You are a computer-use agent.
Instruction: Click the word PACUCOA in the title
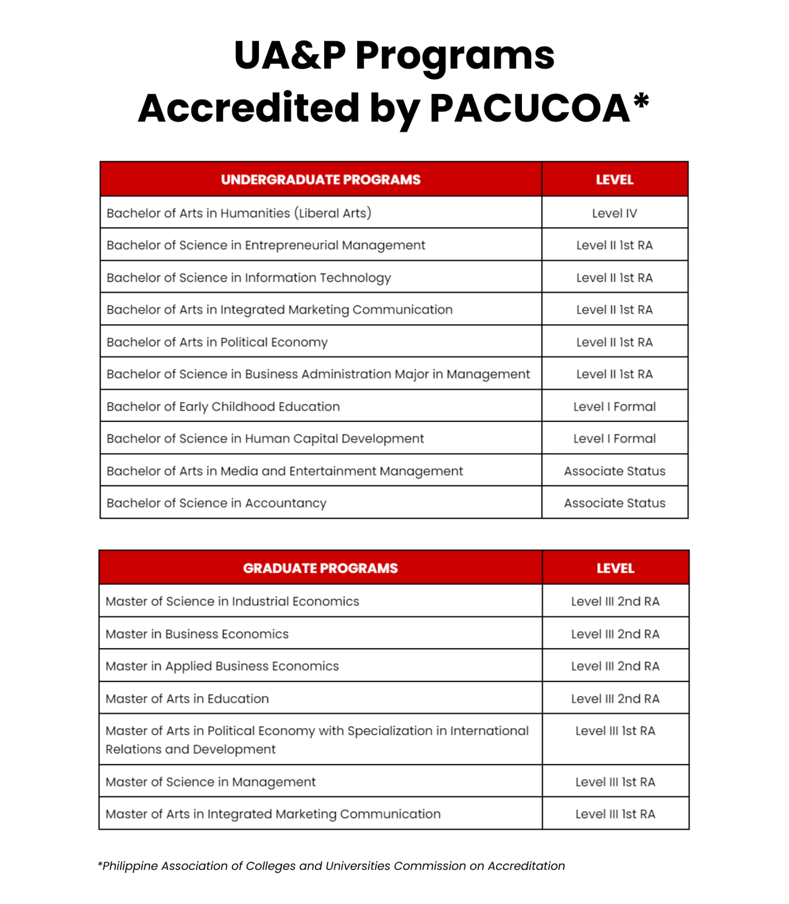coord(530,108)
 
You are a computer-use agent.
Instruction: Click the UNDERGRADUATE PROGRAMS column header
coord(321,180)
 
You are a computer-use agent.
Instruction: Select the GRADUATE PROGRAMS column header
coord(320,568)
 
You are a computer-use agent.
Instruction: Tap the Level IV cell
coord(614,213)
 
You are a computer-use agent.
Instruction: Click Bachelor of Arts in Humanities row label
coord(239,213)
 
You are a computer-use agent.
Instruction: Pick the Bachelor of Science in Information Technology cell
coord(248,278)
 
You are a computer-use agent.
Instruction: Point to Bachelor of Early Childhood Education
coord(223,407)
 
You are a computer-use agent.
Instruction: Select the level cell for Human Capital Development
coord(614,438)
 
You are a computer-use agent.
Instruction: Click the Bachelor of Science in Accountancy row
coord(216,503)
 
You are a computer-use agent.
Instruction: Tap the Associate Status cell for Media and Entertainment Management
coord(614,471)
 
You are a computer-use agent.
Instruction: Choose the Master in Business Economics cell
coord(197,634)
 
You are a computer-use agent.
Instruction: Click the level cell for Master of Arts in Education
coord(615,699)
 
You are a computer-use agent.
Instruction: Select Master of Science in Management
coord(211,782)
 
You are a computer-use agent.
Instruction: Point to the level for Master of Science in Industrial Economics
coord(615,601)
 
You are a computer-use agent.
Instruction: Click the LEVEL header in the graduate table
coord(615,568)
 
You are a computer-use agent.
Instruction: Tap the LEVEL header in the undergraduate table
coord(614,180)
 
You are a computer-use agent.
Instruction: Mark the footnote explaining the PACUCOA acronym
coord(331,866)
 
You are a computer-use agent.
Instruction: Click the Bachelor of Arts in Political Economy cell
coord(217,342)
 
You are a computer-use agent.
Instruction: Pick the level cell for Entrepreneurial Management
coord(614,245)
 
